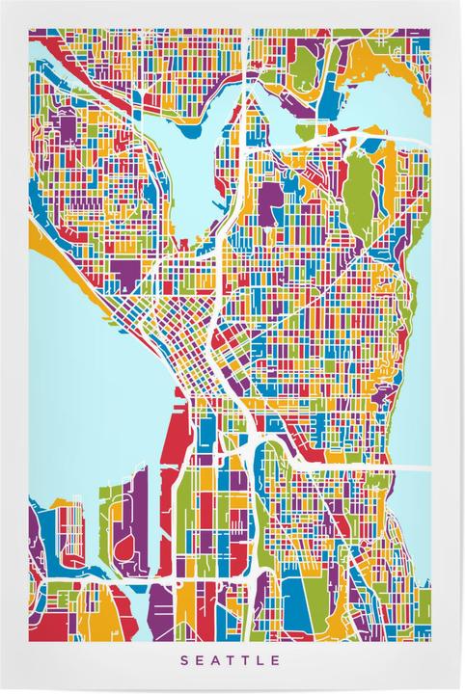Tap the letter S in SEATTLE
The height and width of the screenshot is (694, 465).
(x=183, y=660)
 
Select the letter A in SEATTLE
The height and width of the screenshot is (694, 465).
(x=215, y=660)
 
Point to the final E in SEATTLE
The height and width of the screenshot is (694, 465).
(x=277, y=660)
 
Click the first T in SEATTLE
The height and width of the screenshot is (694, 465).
(x=231, y=660)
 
